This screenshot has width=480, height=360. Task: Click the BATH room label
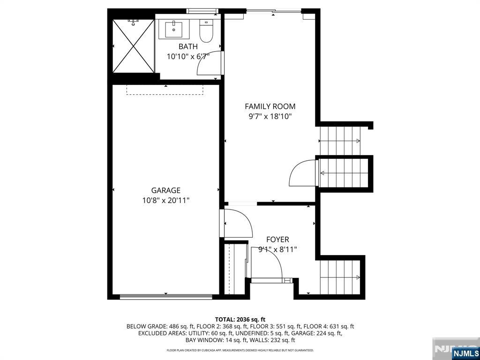pos(188,46)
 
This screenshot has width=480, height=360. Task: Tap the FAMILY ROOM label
pos(270,106)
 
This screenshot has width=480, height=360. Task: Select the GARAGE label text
pos(166,190)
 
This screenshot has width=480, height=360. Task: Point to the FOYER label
pos(277,240)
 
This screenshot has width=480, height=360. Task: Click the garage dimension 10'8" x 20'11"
pos(166,201)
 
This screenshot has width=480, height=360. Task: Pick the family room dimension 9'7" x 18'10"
pos(270,117)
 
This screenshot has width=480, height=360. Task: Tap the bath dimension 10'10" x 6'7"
pos(188,57)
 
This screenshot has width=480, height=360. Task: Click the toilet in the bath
pos(206,30)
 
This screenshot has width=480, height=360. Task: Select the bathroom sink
pos(174,29)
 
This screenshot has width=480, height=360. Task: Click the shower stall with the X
pos(134,46)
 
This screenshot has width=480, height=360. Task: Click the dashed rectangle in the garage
pos(165,90)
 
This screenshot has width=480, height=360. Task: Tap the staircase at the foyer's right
pos(340,277)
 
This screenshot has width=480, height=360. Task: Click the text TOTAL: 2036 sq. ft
pos(240,320)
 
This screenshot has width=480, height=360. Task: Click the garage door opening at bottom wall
pos(166,296)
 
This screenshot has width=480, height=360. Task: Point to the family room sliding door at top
pos(274,12)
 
